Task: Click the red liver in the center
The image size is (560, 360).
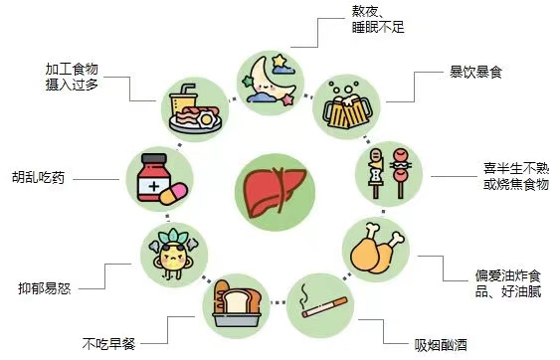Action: tap(275, 192)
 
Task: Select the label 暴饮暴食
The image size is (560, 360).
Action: tap(475, 72)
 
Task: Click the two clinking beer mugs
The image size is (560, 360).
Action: tap(346, 106)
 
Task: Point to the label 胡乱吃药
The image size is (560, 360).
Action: tap(38, 177)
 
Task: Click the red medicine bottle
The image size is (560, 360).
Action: tap(153, 177)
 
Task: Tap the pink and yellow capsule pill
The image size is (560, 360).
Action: tap(173, 194)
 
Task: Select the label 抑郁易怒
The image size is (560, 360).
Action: tap(45, 288)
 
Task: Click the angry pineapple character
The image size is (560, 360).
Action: tap(173, 255)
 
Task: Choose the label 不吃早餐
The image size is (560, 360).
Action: tap(109, 343)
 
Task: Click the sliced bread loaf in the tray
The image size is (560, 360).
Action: tap(237, 303)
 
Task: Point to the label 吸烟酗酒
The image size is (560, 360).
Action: tap(441, 345)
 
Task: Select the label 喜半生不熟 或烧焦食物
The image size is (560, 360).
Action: tap(516, 176)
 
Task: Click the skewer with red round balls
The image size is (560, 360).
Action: tap(401, 172)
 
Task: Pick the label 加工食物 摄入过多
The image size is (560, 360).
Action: tap(72, 77)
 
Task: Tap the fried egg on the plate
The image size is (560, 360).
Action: tap(207, 119)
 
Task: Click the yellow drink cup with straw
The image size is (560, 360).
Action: tap(182, 100)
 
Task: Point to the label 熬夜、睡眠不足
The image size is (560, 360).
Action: tap(378, 19)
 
